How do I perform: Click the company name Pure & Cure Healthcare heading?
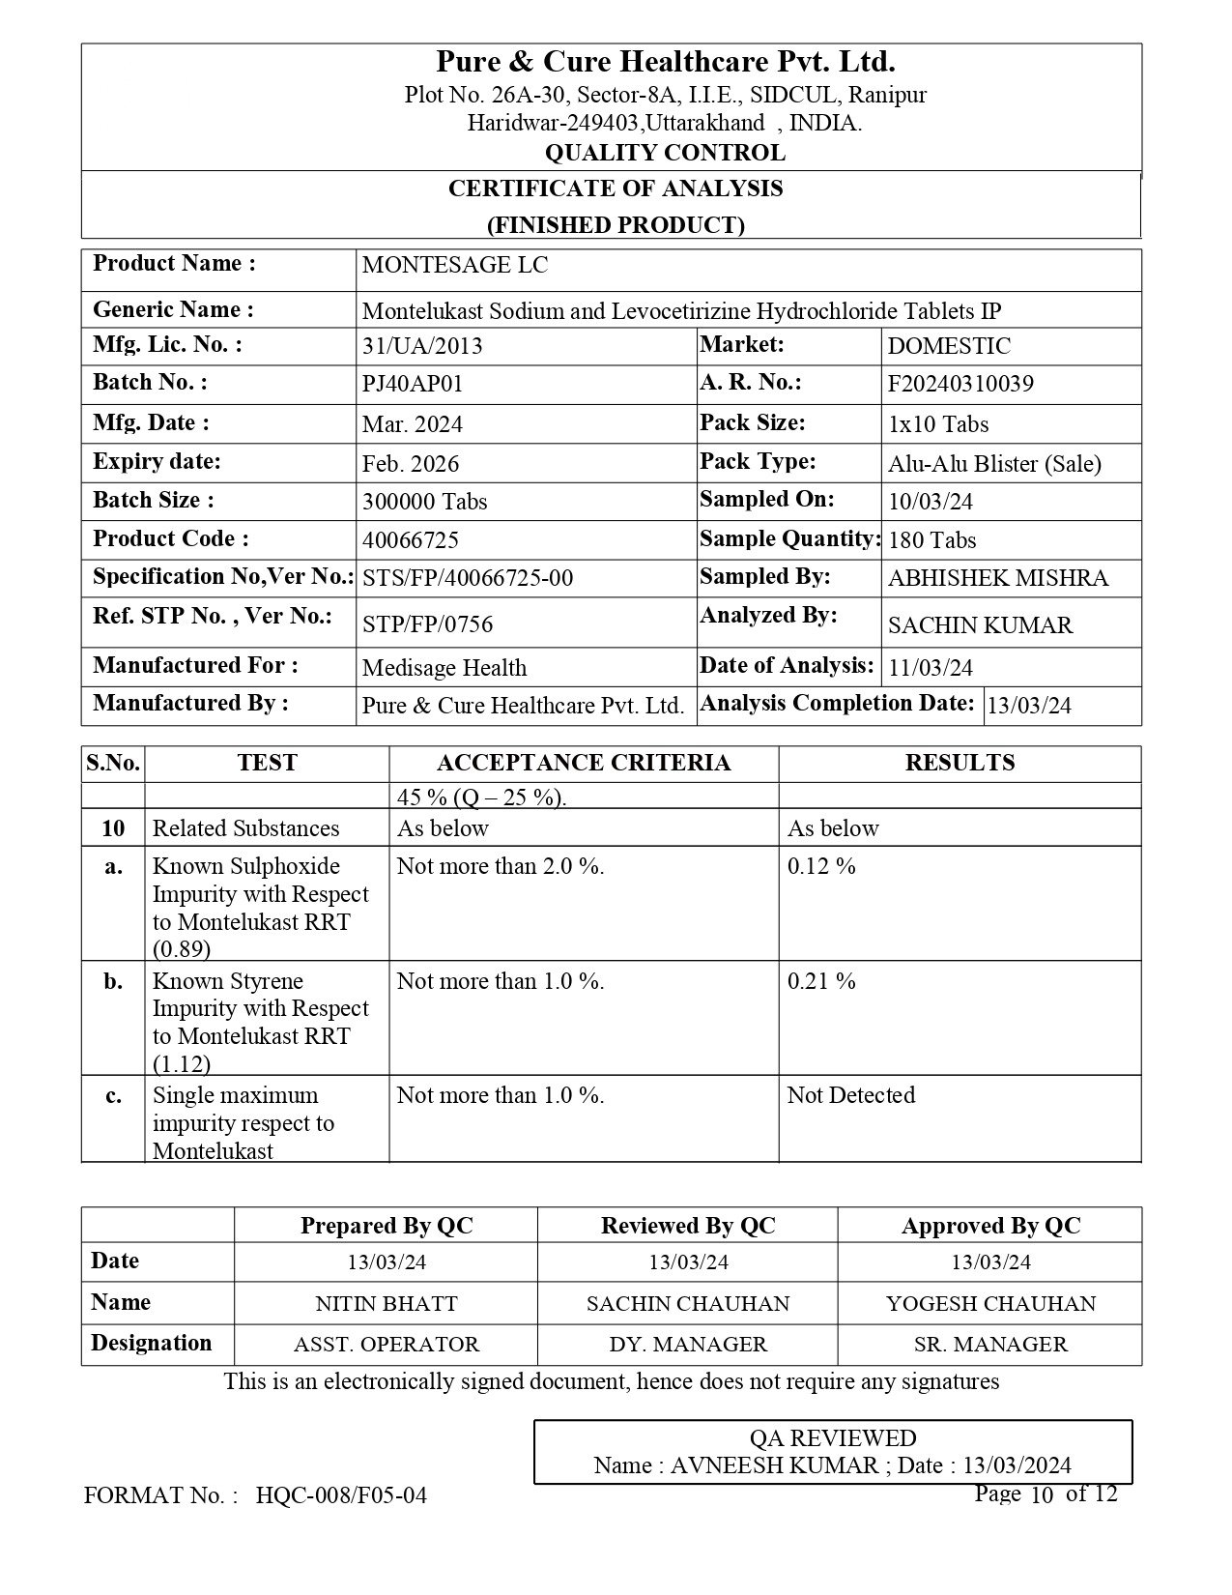pyautogui.click(x=665, y=63)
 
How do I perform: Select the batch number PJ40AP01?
pyautogui.click(x=413, y=385)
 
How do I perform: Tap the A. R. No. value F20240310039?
pyautogui.click(x=960, y=385)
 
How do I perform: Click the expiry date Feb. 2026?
pyautogui.click(x=411, y=464)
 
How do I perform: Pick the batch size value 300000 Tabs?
pyautogui.click(x=424, y=502)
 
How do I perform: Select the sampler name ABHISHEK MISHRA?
pyautogui.click(x=998, y=579)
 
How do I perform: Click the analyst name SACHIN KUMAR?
pyautogui.click(x=980, y=625)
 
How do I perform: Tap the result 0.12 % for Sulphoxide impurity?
pyautogui.click(x=821, y=867)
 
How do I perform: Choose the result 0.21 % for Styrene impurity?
pyautogui.click(x=821, y=982)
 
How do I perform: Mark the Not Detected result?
pyautogui.click(x=850, y=1096)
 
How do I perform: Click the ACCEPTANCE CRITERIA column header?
pyautogui.click(x=584, y=764)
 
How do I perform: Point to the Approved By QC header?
pyautogui.click(x=990, y=1227)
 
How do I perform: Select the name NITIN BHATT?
pyautogui.click(x=387, y=1304)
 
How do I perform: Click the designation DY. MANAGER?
pyautogui.click(x=688, y=1345)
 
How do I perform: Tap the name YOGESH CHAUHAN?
pyautogui.click(x=990, y=1304)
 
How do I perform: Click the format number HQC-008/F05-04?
pyautogui.click(x=341, y=1496)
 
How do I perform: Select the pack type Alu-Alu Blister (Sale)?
pyautogui.click(x=994, y=464)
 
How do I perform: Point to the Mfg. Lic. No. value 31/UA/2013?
pyautogui.click(x=422, y=347)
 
